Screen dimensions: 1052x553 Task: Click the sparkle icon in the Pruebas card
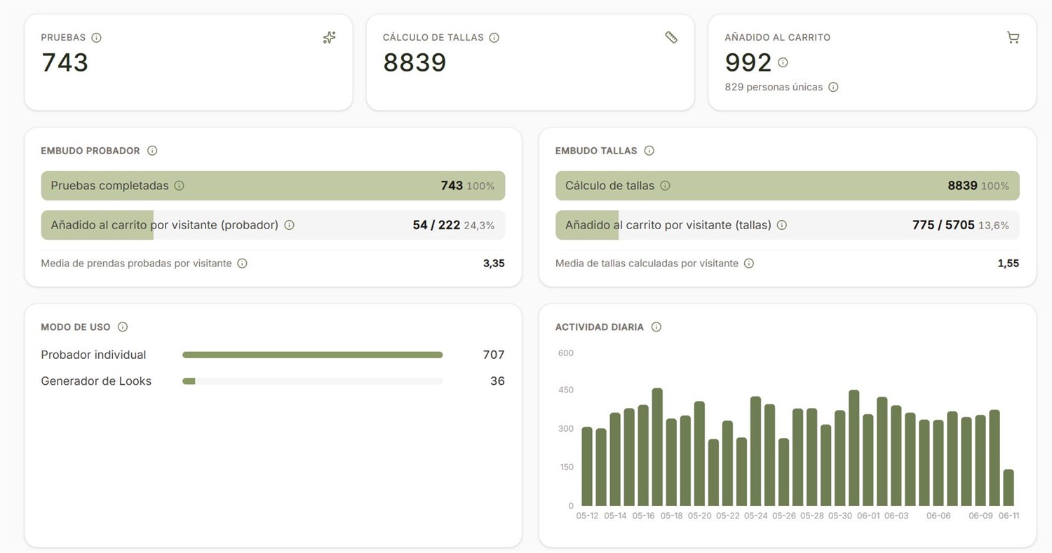coord(329,37)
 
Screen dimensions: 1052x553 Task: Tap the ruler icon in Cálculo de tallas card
coord(671,37)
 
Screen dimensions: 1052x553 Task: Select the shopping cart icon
coord(1013,38)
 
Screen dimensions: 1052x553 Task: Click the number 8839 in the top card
coord(414,62)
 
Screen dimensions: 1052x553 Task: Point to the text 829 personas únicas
coord(774,87)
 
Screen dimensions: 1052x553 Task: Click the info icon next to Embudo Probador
coord(152,151)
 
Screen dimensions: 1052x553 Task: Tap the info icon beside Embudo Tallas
coord(649,151)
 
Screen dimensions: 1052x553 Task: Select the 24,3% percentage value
coord(479,225)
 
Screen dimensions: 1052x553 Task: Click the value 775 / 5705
coord(943,225)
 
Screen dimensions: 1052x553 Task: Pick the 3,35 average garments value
coord(494,264)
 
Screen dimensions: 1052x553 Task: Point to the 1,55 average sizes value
coord(1009,264)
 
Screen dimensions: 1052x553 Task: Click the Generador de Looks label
coord(96,381)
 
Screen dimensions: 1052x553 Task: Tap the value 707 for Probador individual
coord(494,355)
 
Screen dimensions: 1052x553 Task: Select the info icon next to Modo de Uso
coord(123,327)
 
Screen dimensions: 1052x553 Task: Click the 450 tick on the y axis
coord(565,390)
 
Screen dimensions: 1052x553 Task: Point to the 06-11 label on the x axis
coord(1009,515)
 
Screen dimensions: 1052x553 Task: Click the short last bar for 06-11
coord(1009,487)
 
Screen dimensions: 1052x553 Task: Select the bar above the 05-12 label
coord(587,466)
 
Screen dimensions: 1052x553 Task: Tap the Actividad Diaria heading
coord(599,327)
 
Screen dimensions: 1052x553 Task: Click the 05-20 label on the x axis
coord(699,515)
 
